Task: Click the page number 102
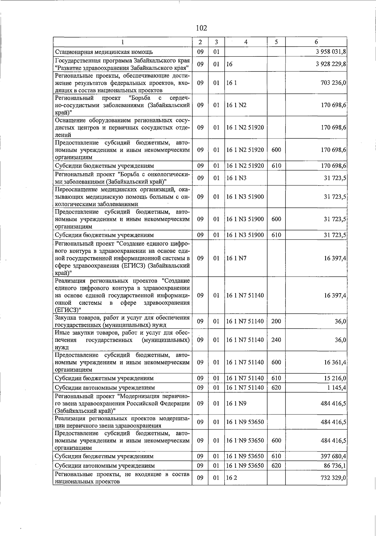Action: (x=201, y=28)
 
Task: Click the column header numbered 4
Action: (x=246, y=42)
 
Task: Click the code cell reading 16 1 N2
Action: (x=237, y=105)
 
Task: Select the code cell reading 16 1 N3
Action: (x=237, y=178)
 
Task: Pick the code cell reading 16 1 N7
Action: (x=237, y=258)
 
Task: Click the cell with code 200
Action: (x=276, y=321)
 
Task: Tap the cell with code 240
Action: (x=276, y=340)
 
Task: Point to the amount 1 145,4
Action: (x=337, y=388)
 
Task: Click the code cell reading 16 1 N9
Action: (x=237, y=403)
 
